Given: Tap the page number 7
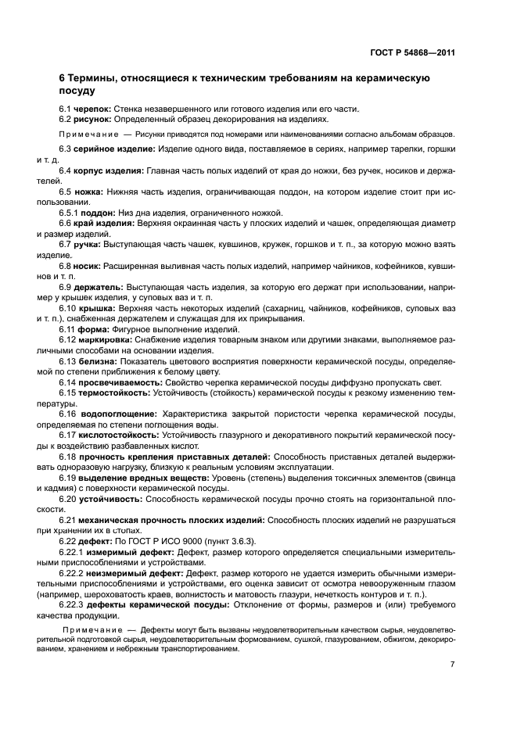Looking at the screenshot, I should [x=453, y=664].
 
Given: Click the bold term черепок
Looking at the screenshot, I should [x=92, y=108].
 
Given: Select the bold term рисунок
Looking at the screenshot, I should [x=92, y=119].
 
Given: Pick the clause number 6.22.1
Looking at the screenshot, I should [x=72, y=553].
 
